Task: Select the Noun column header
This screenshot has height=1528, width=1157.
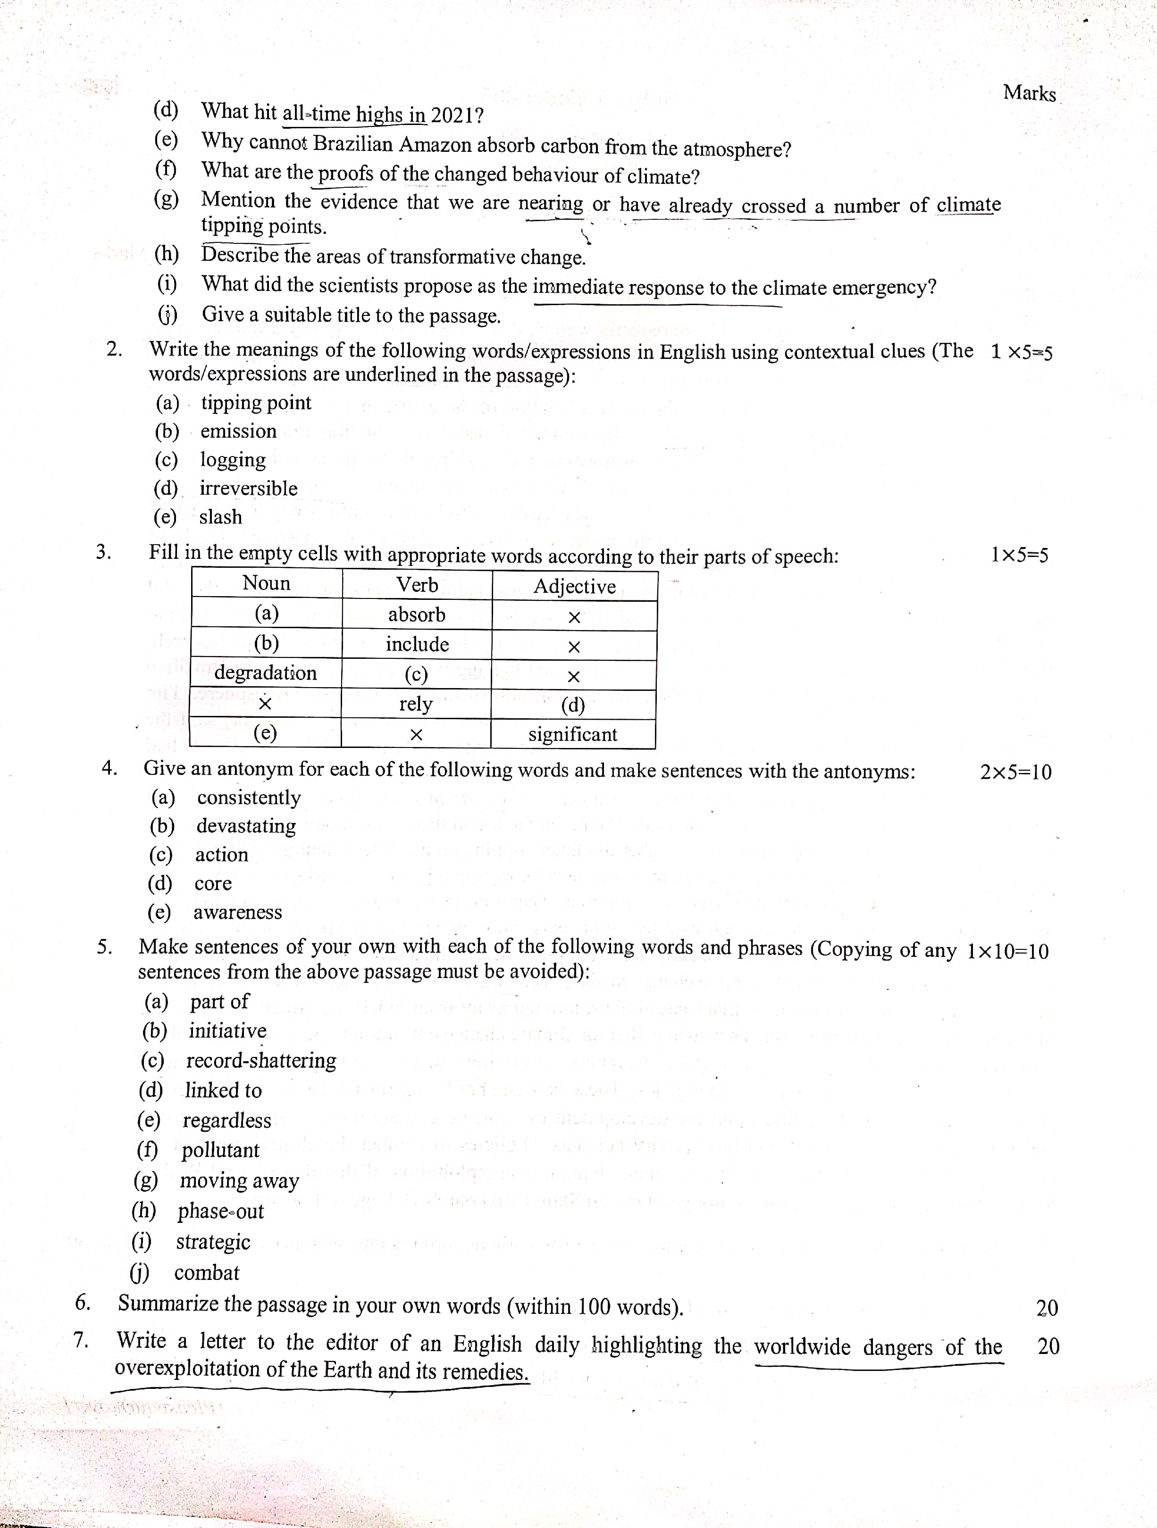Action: click(x=266, y=584)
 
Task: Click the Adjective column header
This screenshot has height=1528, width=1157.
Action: click(x=574, y=587)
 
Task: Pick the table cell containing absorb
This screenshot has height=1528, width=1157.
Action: click(x=416, y=615)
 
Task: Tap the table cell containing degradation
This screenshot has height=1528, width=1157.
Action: click(x=265, y=673)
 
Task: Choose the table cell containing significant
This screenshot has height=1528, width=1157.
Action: click(x=572, y=734)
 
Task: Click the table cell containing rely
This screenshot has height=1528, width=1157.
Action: click(x=415, y=704)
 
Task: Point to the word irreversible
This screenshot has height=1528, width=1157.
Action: click(x=249, y=489)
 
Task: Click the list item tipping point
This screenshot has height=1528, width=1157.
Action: click(x=256, y=403)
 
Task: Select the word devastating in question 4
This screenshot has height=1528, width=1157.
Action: click(x=246, y=826)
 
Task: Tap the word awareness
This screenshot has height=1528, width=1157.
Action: click(x=238, y=913)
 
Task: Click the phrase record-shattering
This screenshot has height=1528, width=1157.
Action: click(x=261, y=1060)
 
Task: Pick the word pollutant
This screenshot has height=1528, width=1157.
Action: click(x=220, y=1150)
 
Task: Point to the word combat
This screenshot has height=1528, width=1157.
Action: click(x=207, y=1272)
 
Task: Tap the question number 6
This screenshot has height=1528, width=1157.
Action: click(x=83, y=1302)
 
